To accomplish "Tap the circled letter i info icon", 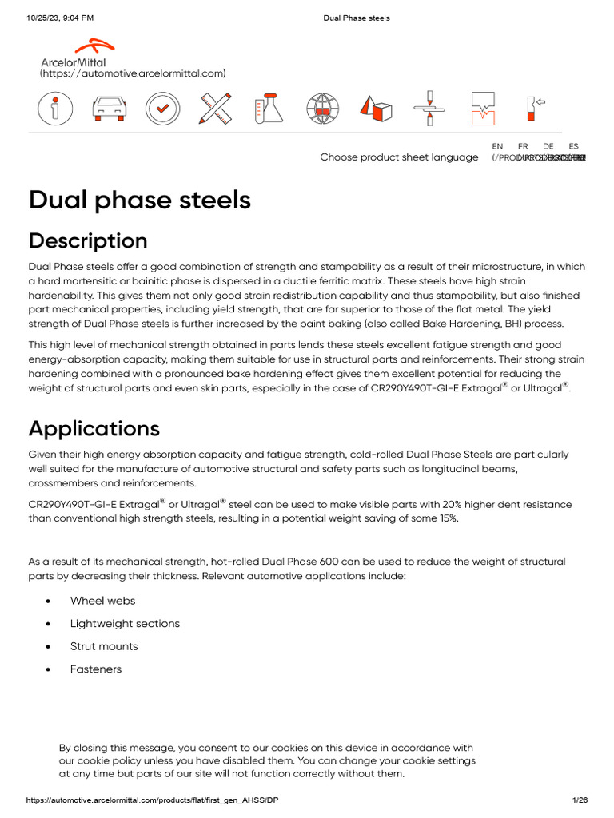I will pos(54,109).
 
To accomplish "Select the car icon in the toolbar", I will pos(108,109).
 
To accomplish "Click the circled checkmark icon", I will pos(162,109).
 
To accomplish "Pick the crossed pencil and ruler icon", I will pos(216,109).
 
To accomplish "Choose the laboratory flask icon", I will pos(269,109).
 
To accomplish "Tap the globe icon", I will pos(323,109).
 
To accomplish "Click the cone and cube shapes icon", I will pos(376,109).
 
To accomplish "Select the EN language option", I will pos(497,146).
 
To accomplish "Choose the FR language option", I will pos(523,146).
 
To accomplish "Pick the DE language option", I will pos(548,146).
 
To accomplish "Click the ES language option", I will pos(573,146).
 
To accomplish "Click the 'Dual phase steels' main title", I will pos(140,200).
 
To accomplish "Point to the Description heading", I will pos(88,240).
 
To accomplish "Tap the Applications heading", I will pos(94,428).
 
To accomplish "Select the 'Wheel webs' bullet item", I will pos(102,601).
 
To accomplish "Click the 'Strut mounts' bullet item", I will pos(104,646).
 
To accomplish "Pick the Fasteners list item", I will pos(96,669).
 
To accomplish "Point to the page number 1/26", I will pos(580,800).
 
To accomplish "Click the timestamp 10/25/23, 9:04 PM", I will pos(60,18).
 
